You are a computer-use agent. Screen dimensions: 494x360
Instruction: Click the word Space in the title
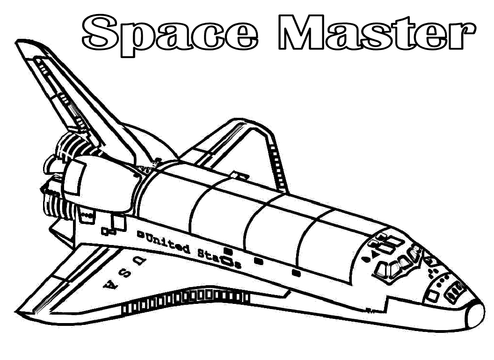coord(170,35)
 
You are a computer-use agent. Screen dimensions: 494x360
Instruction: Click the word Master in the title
coord(377,32)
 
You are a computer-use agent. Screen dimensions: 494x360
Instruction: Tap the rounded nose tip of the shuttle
coord(476,316)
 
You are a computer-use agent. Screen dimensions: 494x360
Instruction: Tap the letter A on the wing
coord(111,285)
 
